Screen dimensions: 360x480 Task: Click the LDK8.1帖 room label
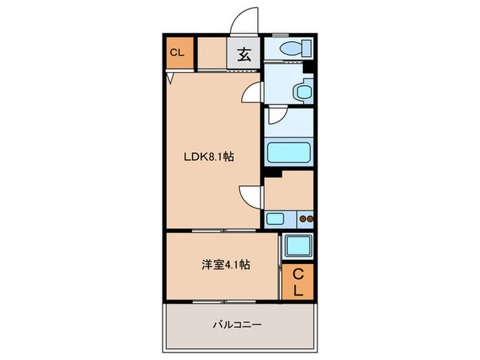tap(208, 156)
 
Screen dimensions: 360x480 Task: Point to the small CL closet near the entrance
tap(177, 53)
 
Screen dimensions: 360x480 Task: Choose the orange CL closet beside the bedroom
tap(298, 281)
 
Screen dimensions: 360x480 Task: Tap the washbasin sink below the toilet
tap(300, 91)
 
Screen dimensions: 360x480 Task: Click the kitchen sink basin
tap(276, 219)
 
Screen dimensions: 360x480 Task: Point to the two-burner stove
tap(306, 219)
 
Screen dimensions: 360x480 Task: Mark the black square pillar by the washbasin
tap(308, 67)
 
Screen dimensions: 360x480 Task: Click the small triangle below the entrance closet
tap(169, 77)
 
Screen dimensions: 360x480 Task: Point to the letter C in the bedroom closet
tap(298, 274)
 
